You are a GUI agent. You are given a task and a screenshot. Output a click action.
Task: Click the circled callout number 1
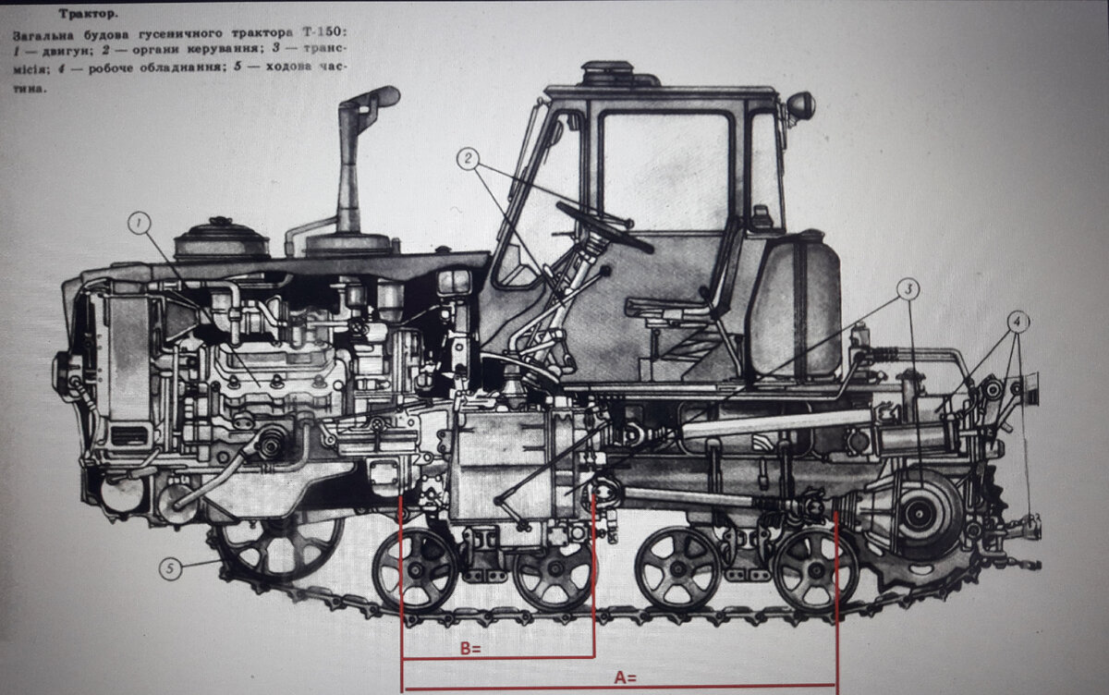(x=140, y=224)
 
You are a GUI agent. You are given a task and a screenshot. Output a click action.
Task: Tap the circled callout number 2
(x=468, y=159)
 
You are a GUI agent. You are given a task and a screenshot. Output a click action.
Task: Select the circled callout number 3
(x=908, y=289)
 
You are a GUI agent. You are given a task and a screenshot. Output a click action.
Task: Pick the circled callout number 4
(x=1017, y=323)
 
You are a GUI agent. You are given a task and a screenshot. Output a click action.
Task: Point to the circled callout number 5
(x=170, y=568)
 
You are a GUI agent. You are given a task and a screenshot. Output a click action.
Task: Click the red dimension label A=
(x=626, y=677)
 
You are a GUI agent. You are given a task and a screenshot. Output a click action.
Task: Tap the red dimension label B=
(x=470, y=649)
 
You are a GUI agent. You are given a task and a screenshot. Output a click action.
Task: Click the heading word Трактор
(x=89, y=14)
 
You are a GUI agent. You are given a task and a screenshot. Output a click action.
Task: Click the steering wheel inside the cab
(x=605, y=226)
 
